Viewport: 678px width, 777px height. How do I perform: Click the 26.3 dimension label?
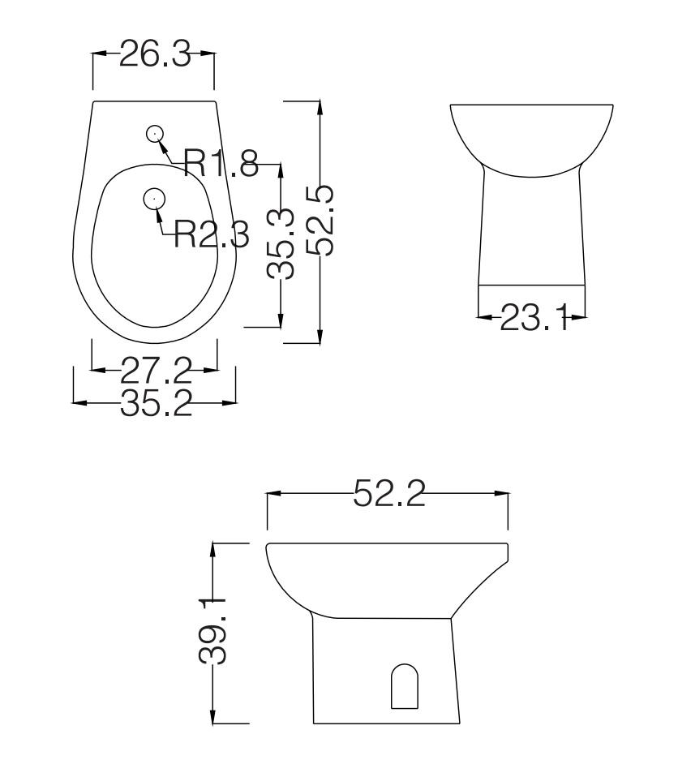(154, 54)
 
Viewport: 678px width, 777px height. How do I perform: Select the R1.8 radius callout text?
(221, 163)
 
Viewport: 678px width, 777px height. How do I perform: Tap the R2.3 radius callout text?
(212, 234)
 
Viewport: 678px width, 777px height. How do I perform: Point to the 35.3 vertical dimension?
(281, 243)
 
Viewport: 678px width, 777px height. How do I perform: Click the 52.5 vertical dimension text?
(321, 220)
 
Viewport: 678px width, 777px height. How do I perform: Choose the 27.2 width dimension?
(156, 371)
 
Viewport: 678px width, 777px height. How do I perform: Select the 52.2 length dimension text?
(389, 493)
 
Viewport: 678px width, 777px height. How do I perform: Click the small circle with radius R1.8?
(155, 133)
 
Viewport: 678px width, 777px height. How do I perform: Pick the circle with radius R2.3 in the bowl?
(153, 197)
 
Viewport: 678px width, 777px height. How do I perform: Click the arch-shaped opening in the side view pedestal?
(405, 686)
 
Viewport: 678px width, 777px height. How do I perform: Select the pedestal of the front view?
(531, 231)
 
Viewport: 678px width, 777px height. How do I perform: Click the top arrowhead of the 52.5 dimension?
(321, 108)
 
